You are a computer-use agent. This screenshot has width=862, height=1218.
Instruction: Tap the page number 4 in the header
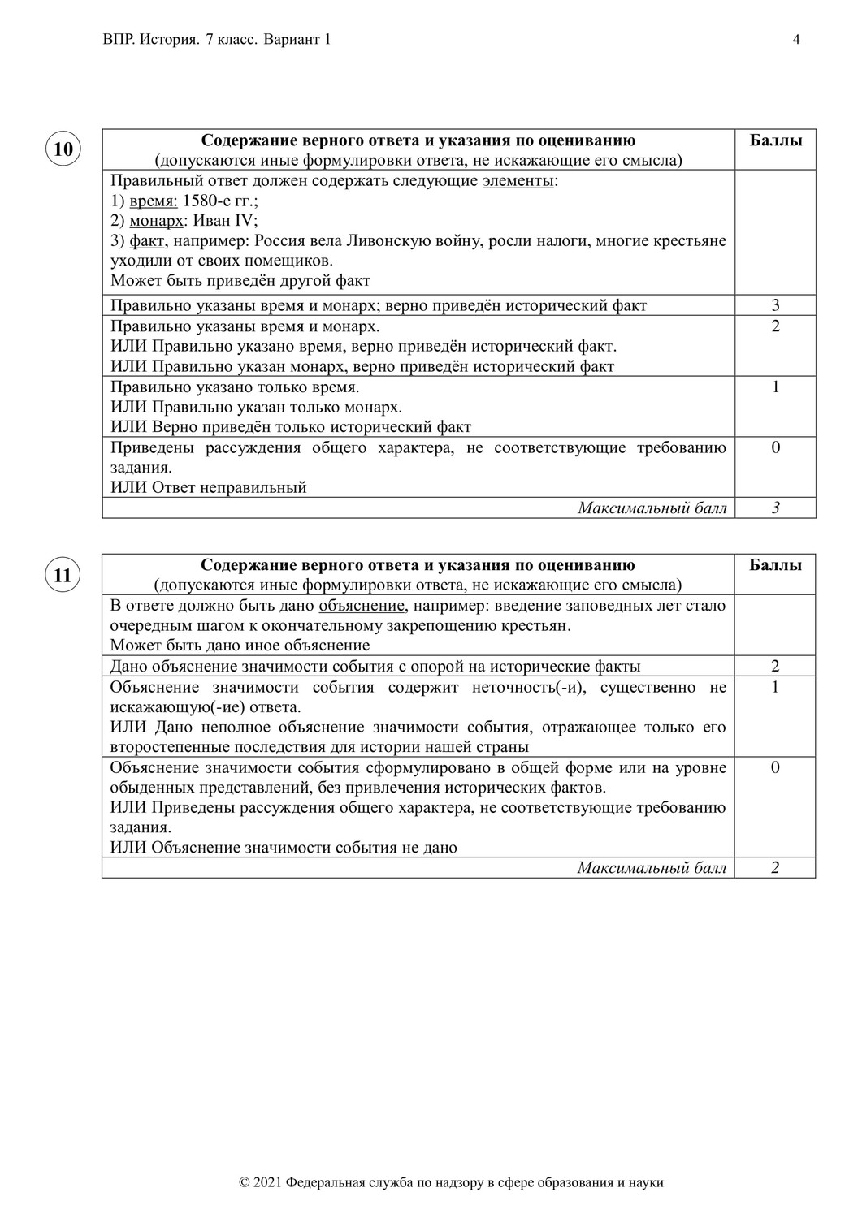[x=796, y=40]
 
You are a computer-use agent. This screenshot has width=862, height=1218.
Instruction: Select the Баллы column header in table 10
[x=775, y=140]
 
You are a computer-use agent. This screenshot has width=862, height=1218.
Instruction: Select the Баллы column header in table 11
[x=775, y=565]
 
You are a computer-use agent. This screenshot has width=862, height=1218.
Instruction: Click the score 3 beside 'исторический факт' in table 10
[x=775, y=306]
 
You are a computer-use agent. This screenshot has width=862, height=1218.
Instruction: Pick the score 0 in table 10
[x=775, y=447]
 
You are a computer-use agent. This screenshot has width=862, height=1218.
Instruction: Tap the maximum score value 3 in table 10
[x=775, y=508]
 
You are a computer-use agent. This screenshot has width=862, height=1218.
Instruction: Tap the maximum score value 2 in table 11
[x=775, y=868]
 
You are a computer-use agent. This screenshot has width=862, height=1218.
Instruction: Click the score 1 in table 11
[x=775, y=687]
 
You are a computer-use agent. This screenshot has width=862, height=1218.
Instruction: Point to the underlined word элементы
[x=518, y=180]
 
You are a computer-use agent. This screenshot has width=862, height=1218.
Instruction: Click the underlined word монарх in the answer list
[x=156, y=221]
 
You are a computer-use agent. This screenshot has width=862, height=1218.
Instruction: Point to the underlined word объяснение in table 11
[x=362, y=606]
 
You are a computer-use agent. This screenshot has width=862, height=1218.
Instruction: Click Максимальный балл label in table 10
[x=652, y=508]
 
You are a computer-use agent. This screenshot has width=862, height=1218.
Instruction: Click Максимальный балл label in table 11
[x=652, y=868]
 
